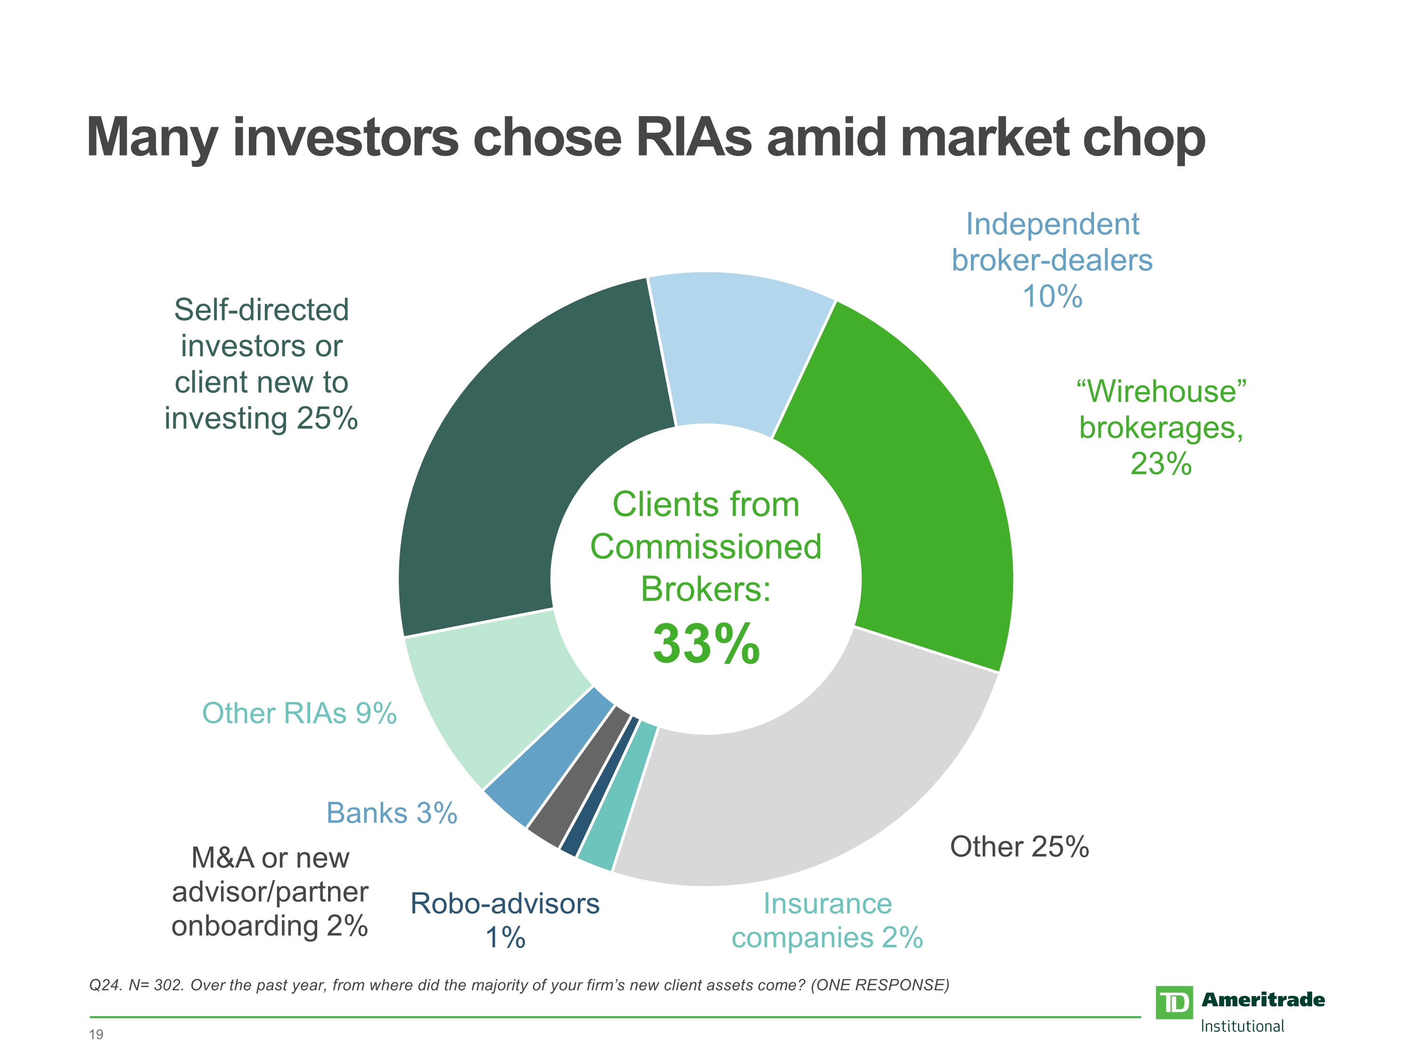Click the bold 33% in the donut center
[x=707, y=644]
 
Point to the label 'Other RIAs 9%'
[x=299, y=713]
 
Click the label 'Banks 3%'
[x=392, y=813]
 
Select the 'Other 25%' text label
[x=1019, y=847]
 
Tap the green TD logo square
[x=1174, y=1003]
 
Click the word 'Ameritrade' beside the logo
[x=1263, y=999]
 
